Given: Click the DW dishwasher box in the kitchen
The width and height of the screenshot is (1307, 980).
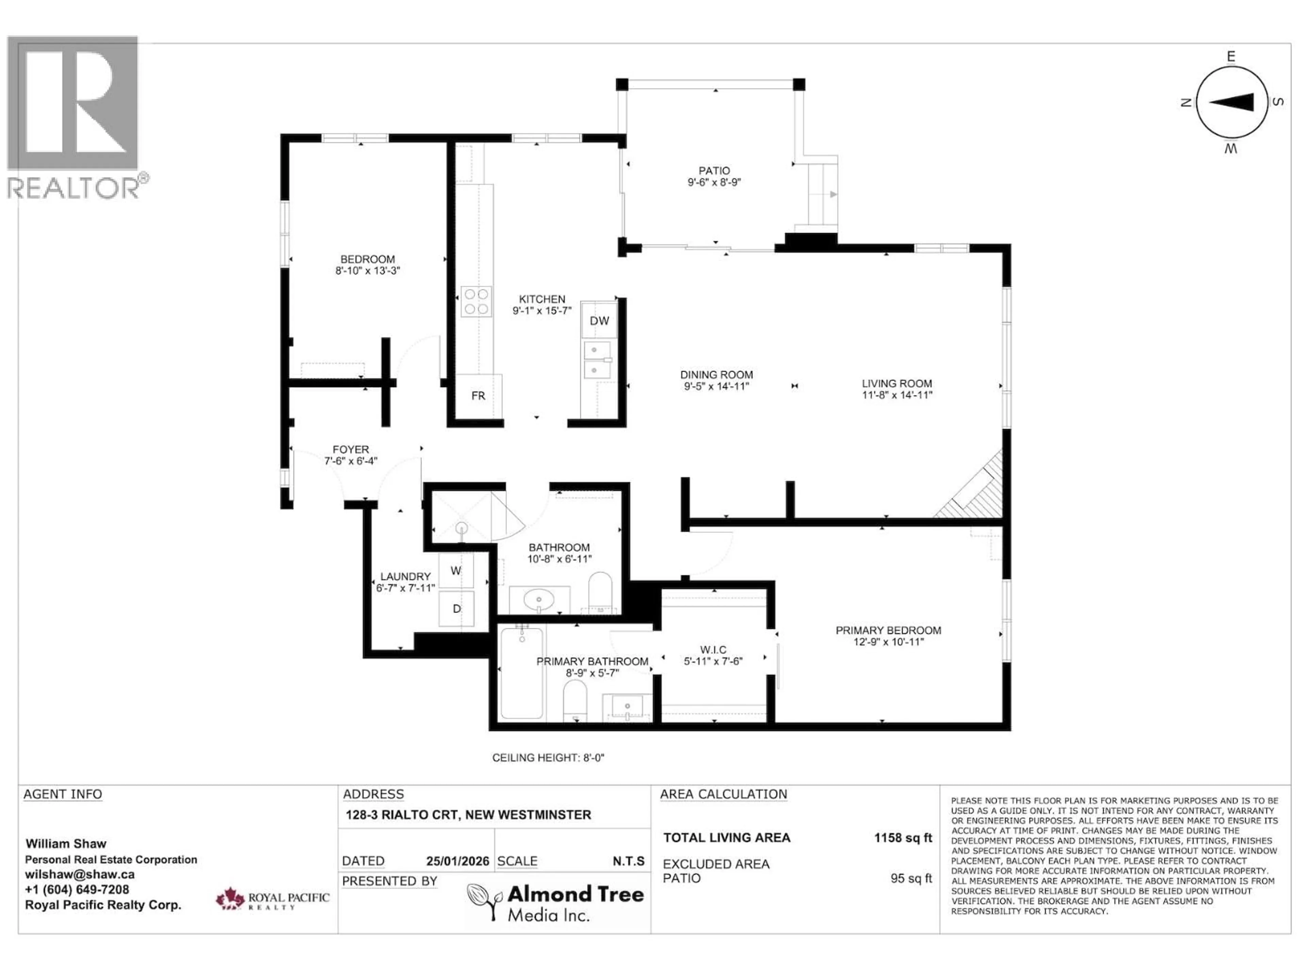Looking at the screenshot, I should pyautogui.click(x=599, y=321).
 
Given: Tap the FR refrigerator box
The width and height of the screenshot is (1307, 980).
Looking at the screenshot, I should pyautogui.click(x=478, y=395).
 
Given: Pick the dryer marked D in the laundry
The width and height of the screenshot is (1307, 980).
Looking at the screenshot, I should pyautogui.click(x=456, y=608).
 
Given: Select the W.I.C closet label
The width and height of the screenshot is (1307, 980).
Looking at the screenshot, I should pyautogui.click(x=713, y=650).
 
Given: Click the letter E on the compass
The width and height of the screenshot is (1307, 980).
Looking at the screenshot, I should pyautogui.click(x=1231, y=57).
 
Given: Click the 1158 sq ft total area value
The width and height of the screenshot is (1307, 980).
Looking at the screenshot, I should pyautogui.click(x=903, y=838).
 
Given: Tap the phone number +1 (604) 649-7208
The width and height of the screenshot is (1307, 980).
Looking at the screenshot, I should pyautogui.click(x=77, y=889).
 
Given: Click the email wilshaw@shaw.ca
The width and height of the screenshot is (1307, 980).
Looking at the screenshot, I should pyautogui.click(x=80, y=875).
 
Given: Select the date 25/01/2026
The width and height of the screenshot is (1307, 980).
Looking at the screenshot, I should pyautogui.click(x=458, y=861).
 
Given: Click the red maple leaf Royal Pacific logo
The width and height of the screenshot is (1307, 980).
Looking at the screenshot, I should pyautogui.click(x=230, y=899).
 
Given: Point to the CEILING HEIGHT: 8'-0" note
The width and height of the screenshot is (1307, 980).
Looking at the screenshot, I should pyautogui.click(x=548, y=758).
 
